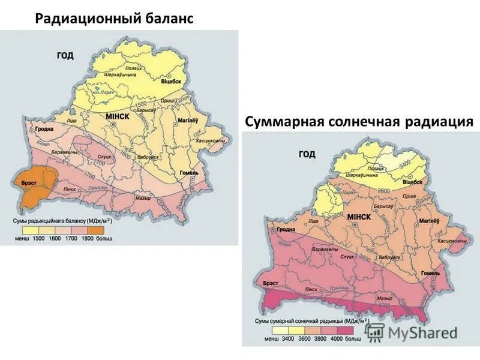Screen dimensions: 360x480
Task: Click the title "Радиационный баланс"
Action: (x=114, y=18)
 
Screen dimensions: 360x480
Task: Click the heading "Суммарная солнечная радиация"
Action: (x=359, y=122)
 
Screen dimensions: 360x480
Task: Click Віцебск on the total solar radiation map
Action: (x=415, y=181)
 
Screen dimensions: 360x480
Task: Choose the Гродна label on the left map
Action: (x=44, y=129)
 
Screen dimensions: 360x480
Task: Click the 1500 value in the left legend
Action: (x=38, y=238)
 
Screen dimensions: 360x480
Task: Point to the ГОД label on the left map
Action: (x=65, y=55)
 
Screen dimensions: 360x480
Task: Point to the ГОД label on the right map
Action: (x=307, y=154)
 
